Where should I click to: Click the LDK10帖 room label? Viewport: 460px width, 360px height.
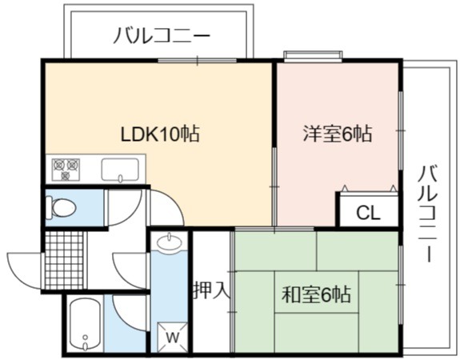tap(160, 134)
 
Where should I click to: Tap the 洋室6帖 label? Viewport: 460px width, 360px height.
tap(338, 134)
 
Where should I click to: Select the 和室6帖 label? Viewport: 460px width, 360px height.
tap(316, 294)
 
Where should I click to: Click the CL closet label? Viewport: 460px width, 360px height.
tap(368, 213)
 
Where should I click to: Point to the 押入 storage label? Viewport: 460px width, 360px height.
tap(211, 290)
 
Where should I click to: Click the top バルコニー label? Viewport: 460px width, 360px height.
tap(162, 35)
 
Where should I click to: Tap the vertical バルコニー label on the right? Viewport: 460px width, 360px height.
tap(429, 214)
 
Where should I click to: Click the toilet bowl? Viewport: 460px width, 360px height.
tap(61, 208)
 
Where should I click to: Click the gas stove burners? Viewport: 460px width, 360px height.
tap(66, 170)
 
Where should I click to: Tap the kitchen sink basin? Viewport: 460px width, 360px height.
tap(120, 170)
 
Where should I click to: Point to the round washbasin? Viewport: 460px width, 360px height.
tap(170, 242)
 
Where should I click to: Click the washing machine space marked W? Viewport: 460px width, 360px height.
tap(172, 337)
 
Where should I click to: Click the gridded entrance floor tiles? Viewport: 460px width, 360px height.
tap(65, 260)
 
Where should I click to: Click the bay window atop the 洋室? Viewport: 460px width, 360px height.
tap(313, 56)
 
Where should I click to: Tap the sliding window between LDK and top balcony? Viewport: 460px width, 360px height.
tap(197, 61)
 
